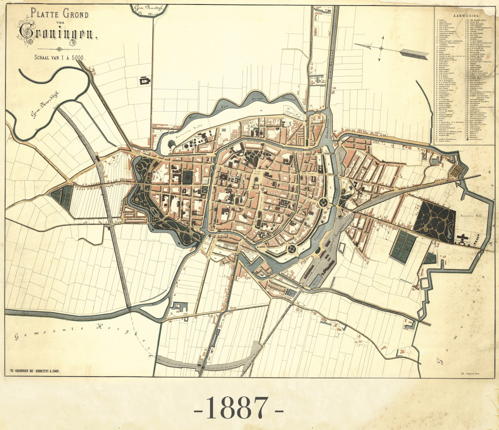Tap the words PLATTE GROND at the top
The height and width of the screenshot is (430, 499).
(x=59, y=14)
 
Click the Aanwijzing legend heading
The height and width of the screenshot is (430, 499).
(x=465, y=16)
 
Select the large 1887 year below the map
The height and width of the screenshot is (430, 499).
(x=238, y=408)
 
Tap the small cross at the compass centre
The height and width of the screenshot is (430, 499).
(x=381, y=48)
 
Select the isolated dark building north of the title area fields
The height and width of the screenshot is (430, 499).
(x=146, y=81)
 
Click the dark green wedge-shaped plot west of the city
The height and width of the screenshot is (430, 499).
(x=62, y=196)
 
